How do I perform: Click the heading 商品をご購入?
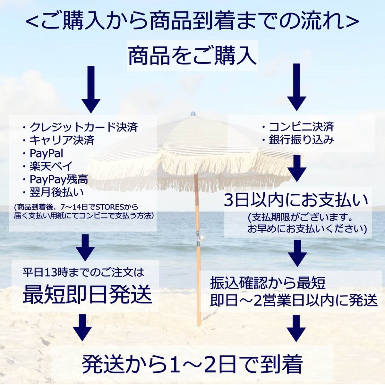click(192, 56)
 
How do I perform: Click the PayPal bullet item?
click(43, 153)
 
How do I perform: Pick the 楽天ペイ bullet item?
click(47, 166)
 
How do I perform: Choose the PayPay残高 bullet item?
click(55, 179)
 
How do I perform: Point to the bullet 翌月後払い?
click(53, 193)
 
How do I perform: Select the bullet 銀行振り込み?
click(298, 140)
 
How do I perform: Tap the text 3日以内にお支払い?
click(296, 201)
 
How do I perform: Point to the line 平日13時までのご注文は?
click(83, 272)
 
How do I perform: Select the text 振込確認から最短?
click(268, 283)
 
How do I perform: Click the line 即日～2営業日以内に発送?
click(294, 300)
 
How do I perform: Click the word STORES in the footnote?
click(113, 207)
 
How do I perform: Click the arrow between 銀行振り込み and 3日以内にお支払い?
click(297, 168)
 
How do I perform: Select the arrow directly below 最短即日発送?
click(82, 327)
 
